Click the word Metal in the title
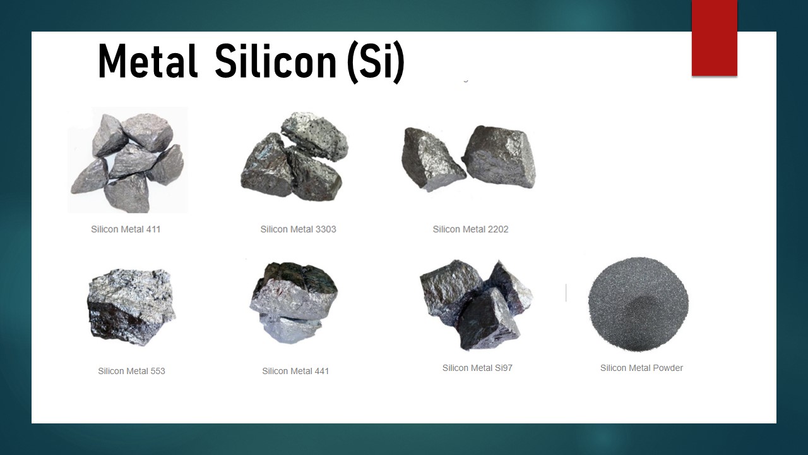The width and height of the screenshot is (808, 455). [x=148, y=61]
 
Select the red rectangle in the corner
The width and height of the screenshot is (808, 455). [x=714, y=38]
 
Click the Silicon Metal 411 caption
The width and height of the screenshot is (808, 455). [x=126, y=229]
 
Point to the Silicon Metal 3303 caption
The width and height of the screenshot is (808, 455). [x=299, y=229]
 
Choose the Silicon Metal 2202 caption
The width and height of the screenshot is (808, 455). [x=470, y=229]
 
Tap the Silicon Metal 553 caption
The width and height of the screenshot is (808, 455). [x=132, y=371]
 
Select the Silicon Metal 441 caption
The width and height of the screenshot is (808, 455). [x=295, y=371]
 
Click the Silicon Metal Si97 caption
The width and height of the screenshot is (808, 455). [x=477, y=368]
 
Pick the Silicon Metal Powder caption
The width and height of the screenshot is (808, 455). [x=641, y=368]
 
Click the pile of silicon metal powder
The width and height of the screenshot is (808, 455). [x=638, y=304]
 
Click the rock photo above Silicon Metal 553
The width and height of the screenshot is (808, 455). [x=131, y=307]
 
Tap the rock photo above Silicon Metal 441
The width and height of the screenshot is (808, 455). [x=294, y=303]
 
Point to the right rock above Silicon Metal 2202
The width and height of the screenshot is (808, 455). [x=499, y=157]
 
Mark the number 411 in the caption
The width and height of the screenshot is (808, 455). [x=153, y=229]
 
